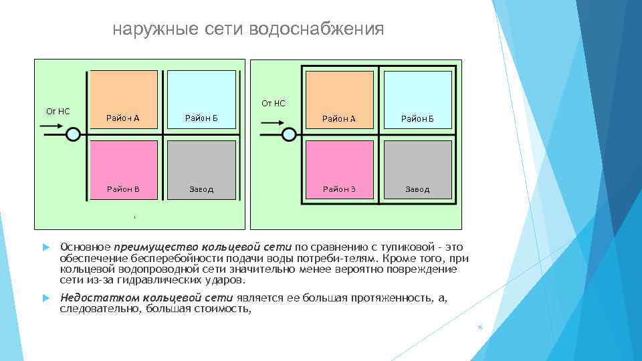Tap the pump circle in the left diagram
pyautogui.click(x=73, y=134)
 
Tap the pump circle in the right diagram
pyautogui.click(x=289, y=134)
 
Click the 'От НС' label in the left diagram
pyautogui.click(x=58, y=111)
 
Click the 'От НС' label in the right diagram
pyautogui.click(x=274, y=103)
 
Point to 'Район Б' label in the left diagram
pyautogui.click(x=201, y=119)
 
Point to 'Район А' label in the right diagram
pyautogui.click(x=339, y=119)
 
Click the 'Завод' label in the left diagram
pyautogui.click(x=201, y=189)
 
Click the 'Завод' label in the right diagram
pyautogui.click(x=417, y=190)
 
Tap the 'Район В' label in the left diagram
pyautogui.click(x=123, y=189)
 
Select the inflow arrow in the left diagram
pyautogui.click(x=53, y=134)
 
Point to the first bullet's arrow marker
pyautogui.click(x=47, y=248)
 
